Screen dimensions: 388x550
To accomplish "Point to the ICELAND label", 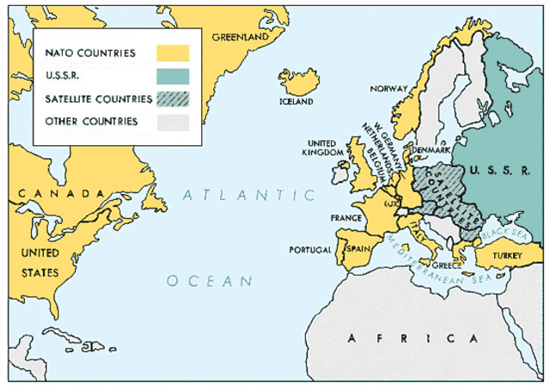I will point(296,101).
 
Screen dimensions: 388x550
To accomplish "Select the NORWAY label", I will point(388,88).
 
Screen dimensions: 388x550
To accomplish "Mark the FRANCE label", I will point(345,218).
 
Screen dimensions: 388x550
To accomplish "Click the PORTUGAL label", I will point(310,250).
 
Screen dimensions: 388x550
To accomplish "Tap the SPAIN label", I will point(357,248).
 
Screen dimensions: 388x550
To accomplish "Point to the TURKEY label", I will point(510,255).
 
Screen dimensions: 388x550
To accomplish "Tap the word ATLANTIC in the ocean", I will point(249,195).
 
